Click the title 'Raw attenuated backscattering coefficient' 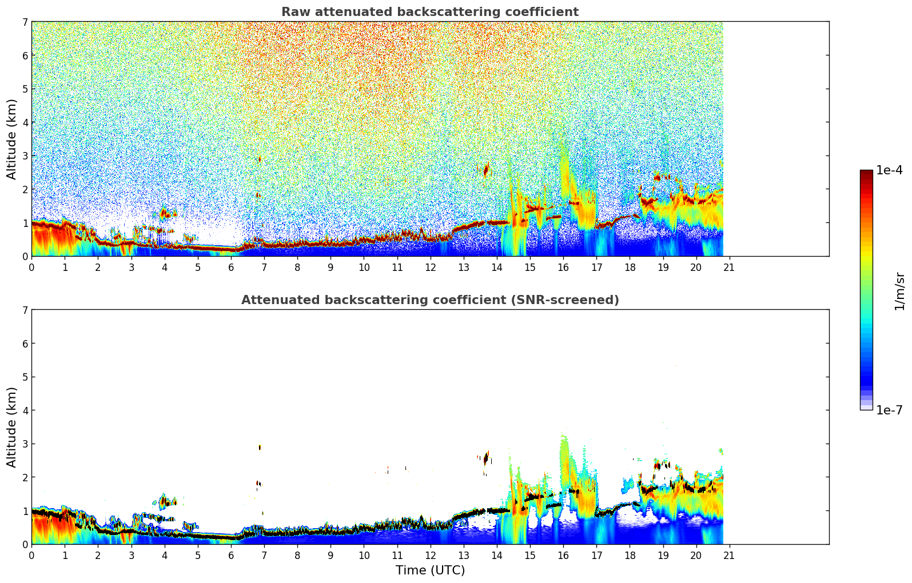tap(429, 12)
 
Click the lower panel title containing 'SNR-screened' tap(429, 300)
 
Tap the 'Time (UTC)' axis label tap(430, 570)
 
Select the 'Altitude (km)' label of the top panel tap(12, 139)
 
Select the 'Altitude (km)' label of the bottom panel tap(12, 427)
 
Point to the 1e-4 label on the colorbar tap(889, 170)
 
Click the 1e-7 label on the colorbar tap(889, 410)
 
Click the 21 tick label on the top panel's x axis tap(729, 267)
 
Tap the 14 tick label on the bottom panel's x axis tap(496, 555)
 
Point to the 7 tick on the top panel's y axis tap(25, 22)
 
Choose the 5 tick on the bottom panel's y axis tap(25, 377)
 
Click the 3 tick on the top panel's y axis tap(25, 156)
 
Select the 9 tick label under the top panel tap(330, 267)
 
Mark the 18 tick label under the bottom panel tap(630, 555)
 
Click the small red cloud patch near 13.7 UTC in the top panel tap(486, 170)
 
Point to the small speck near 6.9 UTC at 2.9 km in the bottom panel tap(260, 447)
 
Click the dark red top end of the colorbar tap(866, 173)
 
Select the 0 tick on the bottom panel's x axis tap(31, 555)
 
